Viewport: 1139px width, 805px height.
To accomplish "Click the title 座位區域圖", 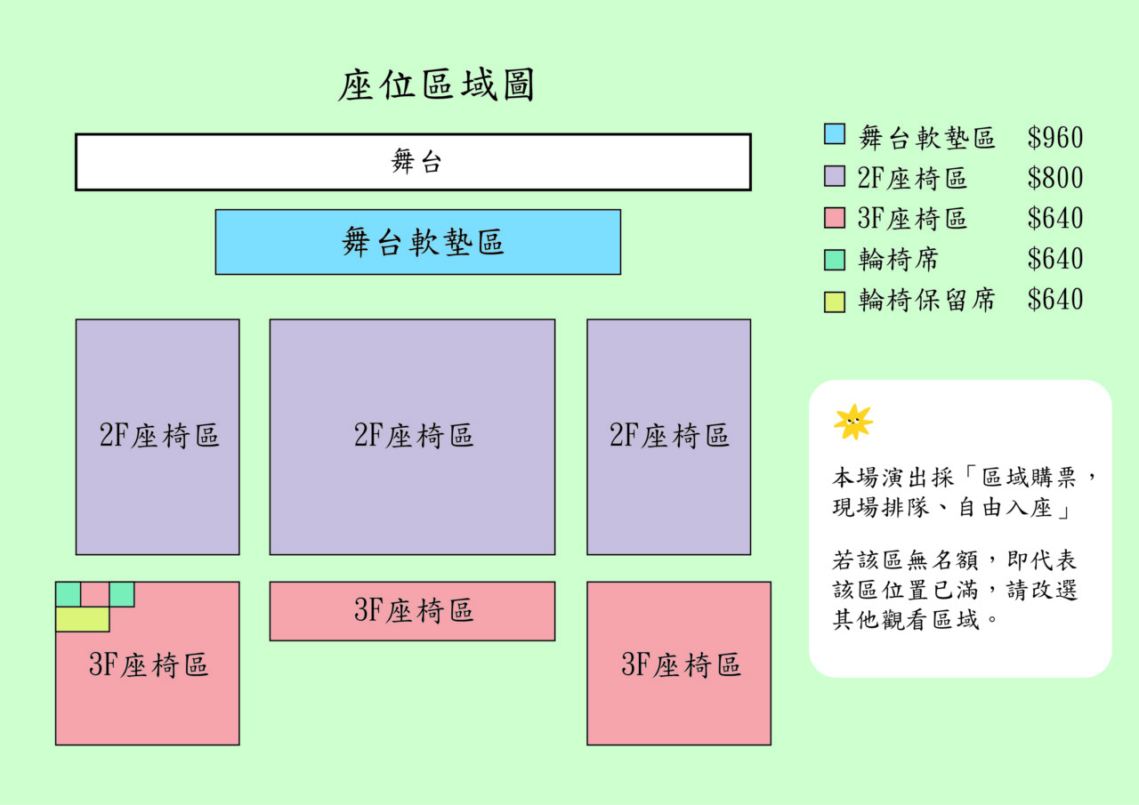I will coord(436,87).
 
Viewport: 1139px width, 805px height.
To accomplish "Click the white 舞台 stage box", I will coord(413,162).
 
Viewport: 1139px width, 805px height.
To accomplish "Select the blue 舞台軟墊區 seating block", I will coord(417,242).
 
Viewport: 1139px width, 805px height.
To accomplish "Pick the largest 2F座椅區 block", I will coord(412,436).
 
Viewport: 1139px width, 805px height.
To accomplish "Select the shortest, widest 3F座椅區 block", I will coord(412,611).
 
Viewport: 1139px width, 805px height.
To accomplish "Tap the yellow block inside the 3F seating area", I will coord(82,619).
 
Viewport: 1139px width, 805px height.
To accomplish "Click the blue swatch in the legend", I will coord(834,134).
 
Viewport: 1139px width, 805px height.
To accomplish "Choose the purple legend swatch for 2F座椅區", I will coord(834,176).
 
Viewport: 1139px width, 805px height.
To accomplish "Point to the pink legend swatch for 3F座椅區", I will coord(834,217).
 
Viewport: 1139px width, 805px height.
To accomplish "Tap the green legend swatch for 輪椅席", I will coord(834,259).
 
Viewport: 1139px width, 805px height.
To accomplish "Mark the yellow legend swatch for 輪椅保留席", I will coord(834,302).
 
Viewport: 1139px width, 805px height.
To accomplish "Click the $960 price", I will coord(1055,138).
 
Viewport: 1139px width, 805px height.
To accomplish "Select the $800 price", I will coord(1055,178).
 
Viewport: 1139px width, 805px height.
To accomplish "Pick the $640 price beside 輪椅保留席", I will coord(1055,300).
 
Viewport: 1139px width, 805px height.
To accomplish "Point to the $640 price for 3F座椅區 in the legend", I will coord(1055,219).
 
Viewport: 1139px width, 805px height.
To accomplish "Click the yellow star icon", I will coord(852,422).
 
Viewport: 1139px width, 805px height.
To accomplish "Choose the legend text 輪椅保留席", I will coord(926,301).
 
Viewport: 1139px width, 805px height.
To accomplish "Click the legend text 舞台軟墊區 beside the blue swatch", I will coord(926,138).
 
